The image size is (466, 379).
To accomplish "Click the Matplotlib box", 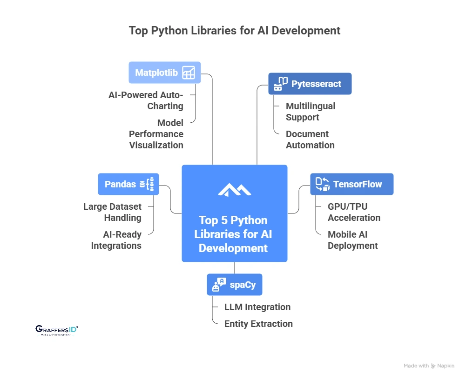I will (164, 73).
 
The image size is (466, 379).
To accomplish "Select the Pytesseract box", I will (310, 84).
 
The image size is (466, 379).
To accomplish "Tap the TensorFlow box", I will (351, 184).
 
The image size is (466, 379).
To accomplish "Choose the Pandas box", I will (128, 184).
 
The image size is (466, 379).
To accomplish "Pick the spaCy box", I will (234, 285).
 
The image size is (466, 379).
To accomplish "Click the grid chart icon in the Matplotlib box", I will (189, 73).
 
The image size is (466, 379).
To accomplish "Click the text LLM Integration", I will (257, 307).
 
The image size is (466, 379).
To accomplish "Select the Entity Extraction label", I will (258, 324).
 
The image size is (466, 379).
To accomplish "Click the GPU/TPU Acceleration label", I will (354, 212).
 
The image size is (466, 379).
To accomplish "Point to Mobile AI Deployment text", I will (352, 240).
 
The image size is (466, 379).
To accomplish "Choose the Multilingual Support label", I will (310, 112).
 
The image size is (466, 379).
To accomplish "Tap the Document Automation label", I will (310, 140).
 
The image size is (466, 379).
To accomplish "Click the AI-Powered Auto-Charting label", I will (146, 100).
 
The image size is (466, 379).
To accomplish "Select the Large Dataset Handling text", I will (112, 212).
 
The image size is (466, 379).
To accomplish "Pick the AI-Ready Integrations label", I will (116, 240).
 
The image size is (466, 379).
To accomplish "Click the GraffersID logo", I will (56, 330).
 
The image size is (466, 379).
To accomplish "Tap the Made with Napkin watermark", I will (429, 366).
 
